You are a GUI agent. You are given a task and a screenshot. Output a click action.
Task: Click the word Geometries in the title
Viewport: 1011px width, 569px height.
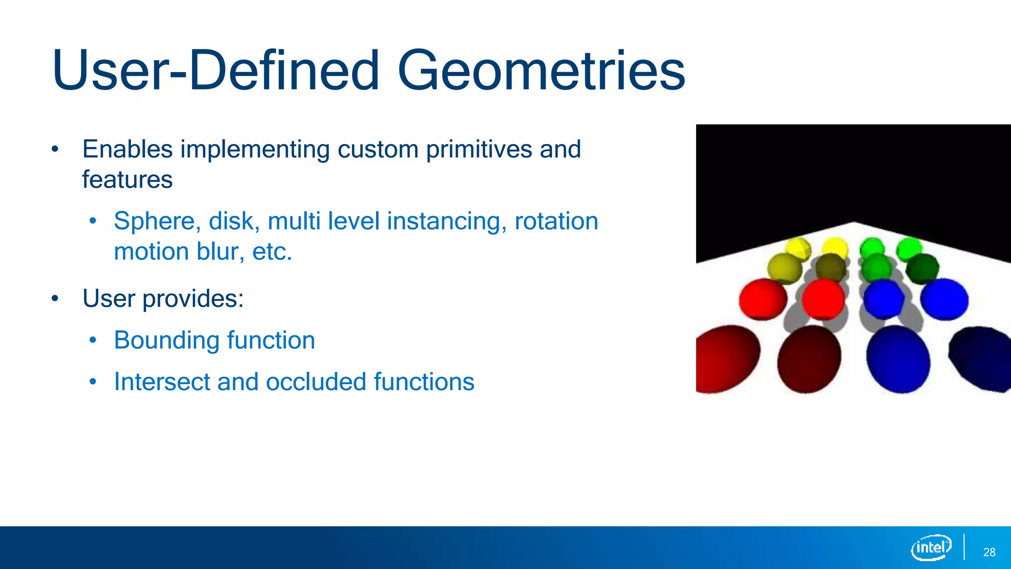pos(541,71)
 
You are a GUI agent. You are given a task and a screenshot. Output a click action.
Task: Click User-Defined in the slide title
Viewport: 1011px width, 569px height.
pos(215,71)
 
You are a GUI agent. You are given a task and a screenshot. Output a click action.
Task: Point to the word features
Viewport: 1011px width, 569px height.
pos(127,179)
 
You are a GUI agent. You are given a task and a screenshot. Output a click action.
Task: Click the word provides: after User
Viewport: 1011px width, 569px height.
pos(193,298)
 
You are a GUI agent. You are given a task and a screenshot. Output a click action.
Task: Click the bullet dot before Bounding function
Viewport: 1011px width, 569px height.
pos(93,340)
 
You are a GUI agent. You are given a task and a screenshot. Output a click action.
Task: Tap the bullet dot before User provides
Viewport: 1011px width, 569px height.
pos(55,298)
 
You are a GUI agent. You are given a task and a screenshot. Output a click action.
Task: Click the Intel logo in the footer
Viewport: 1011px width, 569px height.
pos(931,547)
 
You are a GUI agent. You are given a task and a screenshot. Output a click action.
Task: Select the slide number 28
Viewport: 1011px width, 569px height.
pos(989,552)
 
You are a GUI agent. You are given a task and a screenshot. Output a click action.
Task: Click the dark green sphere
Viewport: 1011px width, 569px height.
pos(922,269)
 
